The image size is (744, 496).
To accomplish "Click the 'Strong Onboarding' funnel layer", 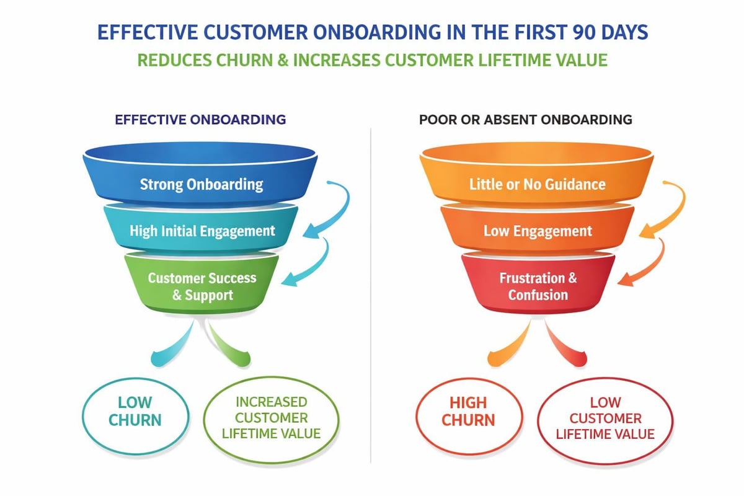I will click(x=201, y=184).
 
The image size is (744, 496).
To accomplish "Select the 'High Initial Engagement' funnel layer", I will click(x=201, y=231).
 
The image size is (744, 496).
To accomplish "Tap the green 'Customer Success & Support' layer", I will click(x=201, y=285).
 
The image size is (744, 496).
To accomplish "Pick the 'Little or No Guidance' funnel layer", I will click(x=537, y=184).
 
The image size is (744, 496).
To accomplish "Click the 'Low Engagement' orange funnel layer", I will click(x=537, y=231).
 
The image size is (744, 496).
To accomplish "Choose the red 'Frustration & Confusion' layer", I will click(x=538, y=285).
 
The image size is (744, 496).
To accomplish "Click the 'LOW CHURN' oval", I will click(x=135, y=410).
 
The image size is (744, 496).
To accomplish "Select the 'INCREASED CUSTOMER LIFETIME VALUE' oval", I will click(x=271, y=418).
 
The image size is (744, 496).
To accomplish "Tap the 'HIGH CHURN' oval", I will click(x=468, y=410).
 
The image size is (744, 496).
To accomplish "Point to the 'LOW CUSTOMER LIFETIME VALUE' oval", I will click(x=604, y=418).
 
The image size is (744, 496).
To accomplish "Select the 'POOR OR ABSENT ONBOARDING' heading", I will click(x=525, y=119).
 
